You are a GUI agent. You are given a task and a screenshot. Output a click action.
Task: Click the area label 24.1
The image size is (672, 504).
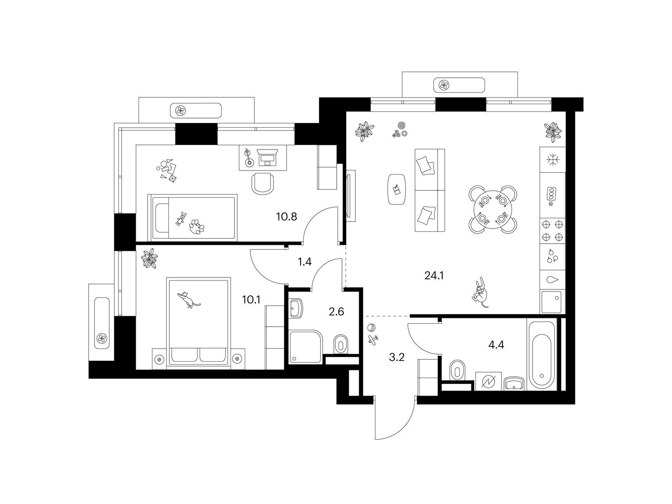[434, 276]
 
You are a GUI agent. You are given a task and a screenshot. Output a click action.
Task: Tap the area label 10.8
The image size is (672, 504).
[286, 217]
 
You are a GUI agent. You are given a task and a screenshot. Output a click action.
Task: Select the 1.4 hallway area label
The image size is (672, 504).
[304, 262]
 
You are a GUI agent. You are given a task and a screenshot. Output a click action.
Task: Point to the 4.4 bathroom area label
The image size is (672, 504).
[496, 345]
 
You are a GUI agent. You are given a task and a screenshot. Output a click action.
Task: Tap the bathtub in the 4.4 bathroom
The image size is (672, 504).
[541, 355]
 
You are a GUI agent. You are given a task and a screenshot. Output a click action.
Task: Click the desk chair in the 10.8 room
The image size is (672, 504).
[263, 184]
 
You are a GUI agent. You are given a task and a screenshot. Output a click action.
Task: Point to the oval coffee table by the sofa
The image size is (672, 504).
[396, 189]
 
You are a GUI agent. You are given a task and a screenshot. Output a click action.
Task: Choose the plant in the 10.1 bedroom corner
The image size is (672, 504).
[149, 258]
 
